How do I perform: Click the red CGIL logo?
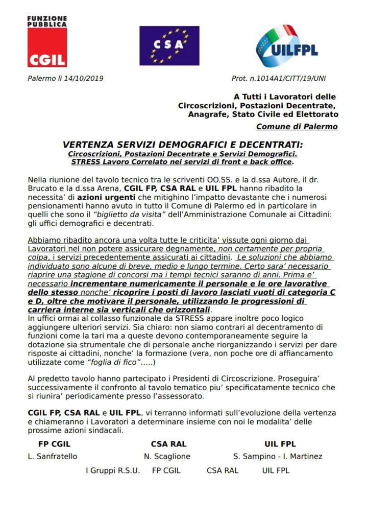click(x=47, y=49)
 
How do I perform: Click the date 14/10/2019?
click(x=86, y=79)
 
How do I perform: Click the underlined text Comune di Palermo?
click(x=297, y=127)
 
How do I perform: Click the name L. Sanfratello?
click(x=53, y=456)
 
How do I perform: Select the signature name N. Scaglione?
click(x=167, y=456)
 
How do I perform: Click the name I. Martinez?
click(x=304, y=456)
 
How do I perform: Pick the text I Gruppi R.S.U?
click(x=112, y=470)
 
